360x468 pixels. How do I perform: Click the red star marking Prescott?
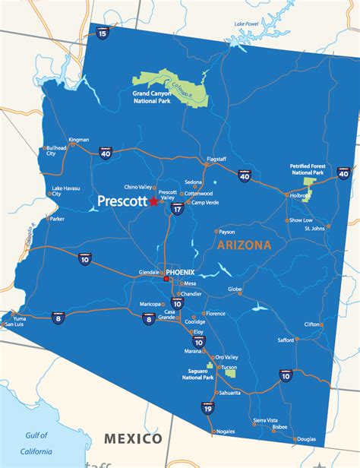click(154, 202)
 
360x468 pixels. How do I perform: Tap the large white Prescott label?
click(122, 202)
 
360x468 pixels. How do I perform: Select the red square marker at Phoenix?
click(166, 279)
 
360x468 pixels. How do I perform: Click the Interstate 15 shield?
click(103, 32)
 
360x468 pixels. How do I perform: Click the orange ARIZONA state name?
click(243, 245)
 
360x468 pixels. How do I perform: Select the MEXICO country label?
click(133, 438)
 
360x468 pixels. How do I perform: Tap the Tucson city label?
click(229, 367)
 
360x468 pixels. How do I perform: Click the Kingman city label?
click(79, 140)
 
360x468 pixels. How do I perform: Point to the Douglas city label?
click(307, 439)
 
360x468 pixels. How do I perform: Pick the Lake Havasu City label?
click(62, 191)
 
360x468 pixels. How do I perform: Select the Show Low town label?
click(301, 220)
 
